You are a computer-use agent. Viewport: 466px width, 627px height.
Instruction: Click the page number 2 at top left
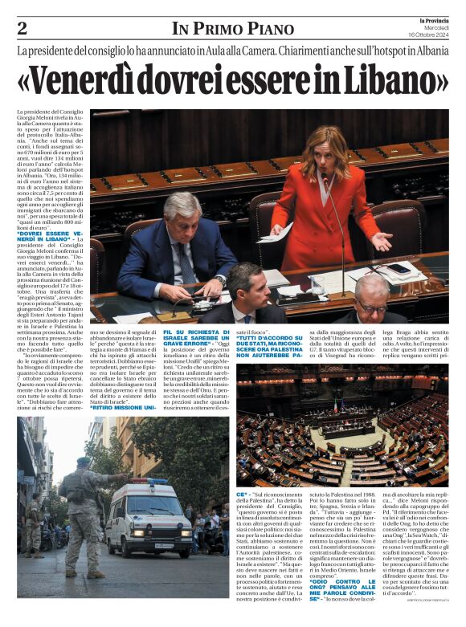(22, 29)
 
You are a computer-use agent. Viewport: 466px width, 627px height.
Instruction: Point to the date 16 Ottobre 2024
(428, 34)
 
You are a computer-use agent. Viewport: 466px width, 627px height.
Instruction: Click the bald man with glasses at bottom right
(371, 300)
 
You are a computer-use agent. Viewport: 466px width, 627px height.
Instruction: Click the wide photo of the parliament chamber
(341, 429)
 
